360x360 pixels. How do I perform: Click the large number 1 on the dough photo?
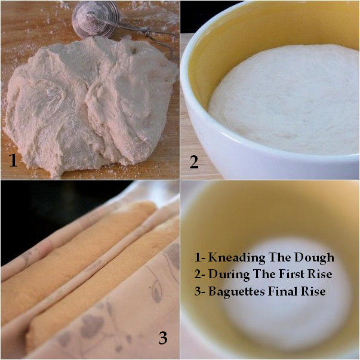click(x=13, y=160)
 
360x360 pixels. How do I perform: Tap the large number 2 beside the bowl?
click(x=194, y=162)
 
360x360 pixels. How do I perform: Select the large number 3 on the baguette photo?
click(x=163, y=337)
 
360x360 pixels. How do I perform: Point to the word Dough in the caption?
click(x=314, y=258)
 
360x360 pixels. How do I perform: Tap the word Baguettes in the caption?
click(x=236, y=292)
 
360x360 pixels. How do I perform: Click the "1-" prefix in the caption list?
click(x=199, y=257)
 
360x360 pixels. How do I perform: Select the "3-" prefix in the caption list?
click(x=199, y=291)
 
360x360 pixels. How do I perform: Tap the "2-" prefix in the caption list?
click(x=199, y=275)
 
